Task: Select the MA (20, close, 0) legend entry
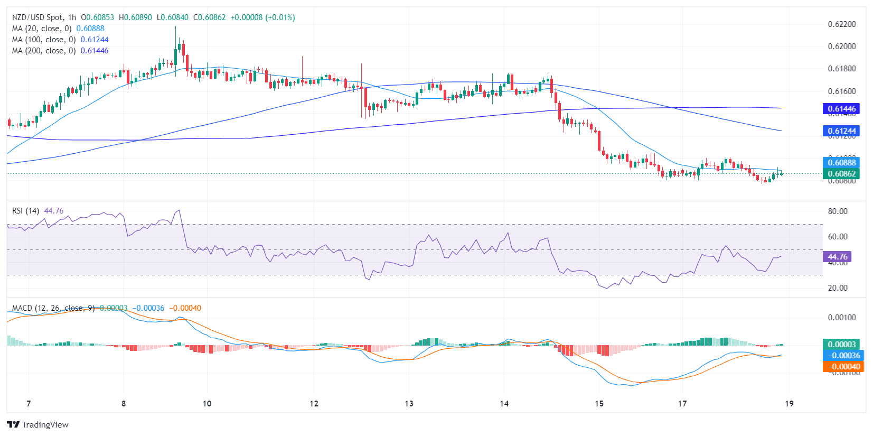(x=42, y=29)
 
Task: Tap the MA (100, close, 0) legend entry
(x=44, y=40)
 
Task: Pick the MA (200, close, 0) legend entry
(x=44, y=51)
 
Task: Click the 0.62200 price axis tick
(x=841, y=24)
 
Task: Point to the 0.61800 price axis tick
(x=841, y=69)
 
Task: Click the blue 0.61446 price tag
(x=841, y=109)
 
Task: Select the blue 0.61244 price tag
(x=841, y=131)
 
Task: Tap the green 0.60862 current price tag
(x=841, y=173)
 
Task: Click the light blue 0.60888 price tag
(x=841, y=162)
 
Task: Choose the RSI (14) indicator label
(x=25, y=211)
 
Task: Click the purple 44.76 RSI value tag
(x=837, y=257)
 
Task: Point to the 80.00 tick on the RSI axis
(x=838, y=211)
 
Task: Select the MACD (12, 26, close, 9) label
(x=53, y=308)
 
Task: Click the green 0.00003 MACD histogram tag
(x=842, y=345)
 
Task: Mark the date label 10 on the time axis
(x=207, y=404)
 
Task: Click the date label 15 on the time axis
(x=599, y=404)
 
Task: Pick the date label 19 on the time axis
(x=789, y=404)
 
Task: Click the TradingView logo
(x=38, y=424)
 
